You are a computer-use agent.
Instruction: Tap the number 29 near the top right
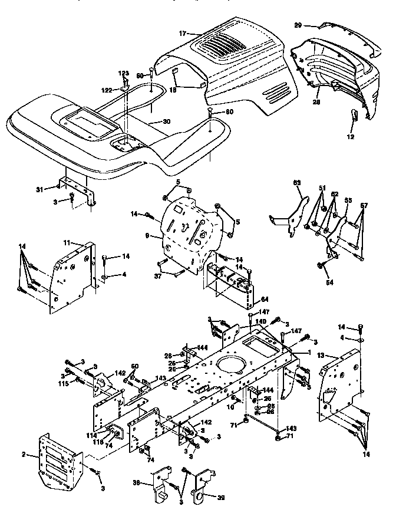click(298, 25)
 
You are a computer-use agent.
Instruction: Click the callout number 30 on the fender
click(167, 121)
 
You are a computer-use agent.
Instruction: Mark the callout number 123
click(124, 73)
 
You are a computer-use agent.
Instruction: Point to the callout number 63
click(297, 183)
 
